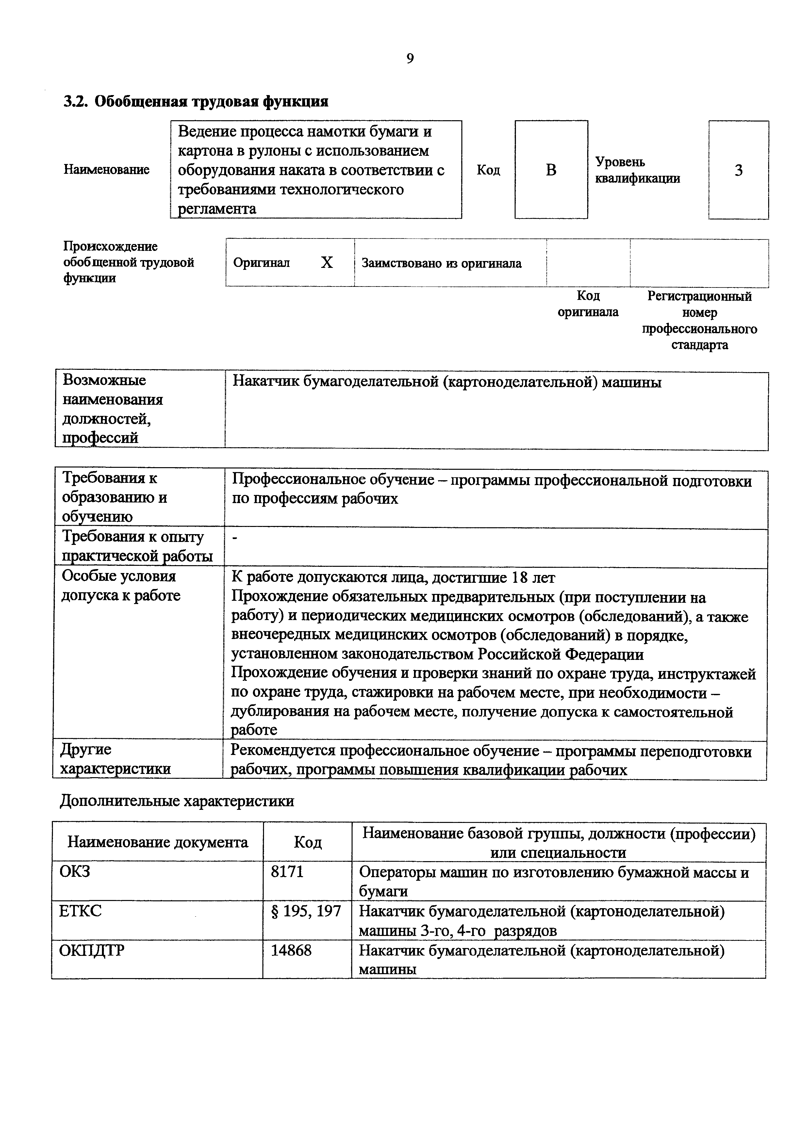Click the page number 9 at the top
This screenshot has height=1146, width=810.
[x=410, y=59]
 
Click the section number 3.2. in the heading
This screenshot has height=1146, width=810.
[x=76, y=102]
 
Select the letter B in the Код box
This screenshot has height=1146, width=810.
[x=551, y=170]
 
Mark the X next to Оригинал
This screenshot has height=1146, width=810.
[x=326, y=263]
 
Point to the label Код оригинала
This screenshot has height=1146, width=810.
[x=588, y=304]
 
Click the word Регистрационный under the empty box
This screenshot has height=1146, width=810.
[x=699, y=297]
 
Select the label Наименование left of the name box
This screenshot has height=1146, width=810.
[x=106, y=170]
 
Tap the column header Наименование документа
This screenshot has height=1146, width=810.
[x=158, y=843]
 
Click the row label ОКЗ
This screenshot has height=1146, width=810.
[x=75, y=872]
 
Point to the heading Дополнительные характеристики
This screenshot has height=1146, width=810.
[x=177, y=801]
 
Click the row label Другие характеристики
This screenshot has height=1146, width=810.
[x=115, y=759]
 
